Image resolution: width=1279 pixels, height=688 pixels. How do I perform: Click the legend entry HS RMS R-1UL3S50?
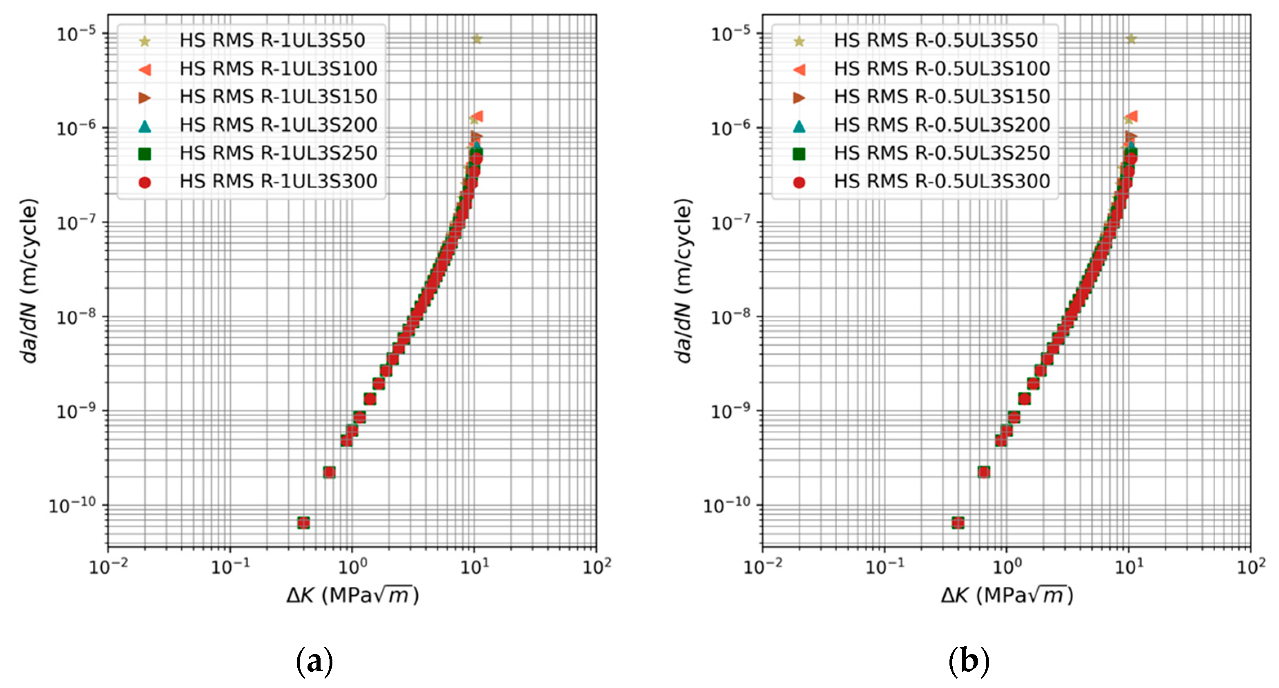[272, 40]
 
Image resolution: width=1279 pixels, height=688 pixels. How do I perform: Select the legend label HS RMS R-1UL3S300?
[278, 182]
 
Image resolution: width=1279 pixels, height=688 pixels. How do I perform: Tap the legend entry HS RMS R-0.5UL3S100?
[942, 69]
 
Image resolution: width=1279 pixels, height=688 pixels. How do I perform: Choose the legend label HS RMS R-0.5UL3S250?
[942, 154]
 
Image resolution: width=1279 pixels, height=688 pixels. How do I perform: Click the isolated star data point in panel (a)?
[477, 39]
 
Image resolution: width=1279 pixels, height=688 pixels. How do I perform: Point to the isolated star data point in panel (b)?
[1131, 39]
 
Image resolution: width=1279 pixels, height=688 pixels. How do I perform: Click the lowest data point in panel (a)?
[303, 523]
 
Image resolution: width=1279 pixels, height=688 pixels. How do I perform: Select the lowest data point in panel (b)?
[958, 523]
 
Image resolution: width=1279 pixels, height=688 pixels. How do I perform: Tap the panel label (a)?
[314, 661]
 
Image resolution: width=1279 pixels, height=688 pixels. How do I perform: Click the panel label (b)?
[969, 661]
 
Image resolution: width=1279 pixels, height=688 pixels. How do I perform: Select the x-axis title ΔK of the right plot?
[1007, 594]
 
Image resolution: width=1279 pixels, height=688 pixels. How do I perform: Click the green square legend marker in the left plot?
[145, 154]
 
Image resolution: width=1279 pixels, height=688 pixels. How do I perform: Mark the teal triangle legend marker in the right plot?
[799, 126]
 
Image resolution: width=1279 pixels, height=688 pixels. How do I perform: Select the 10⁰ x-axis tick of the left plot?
[352, 566]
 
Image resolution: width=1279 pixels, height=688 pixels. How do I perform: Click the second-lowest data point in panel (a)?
[329, 472]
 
